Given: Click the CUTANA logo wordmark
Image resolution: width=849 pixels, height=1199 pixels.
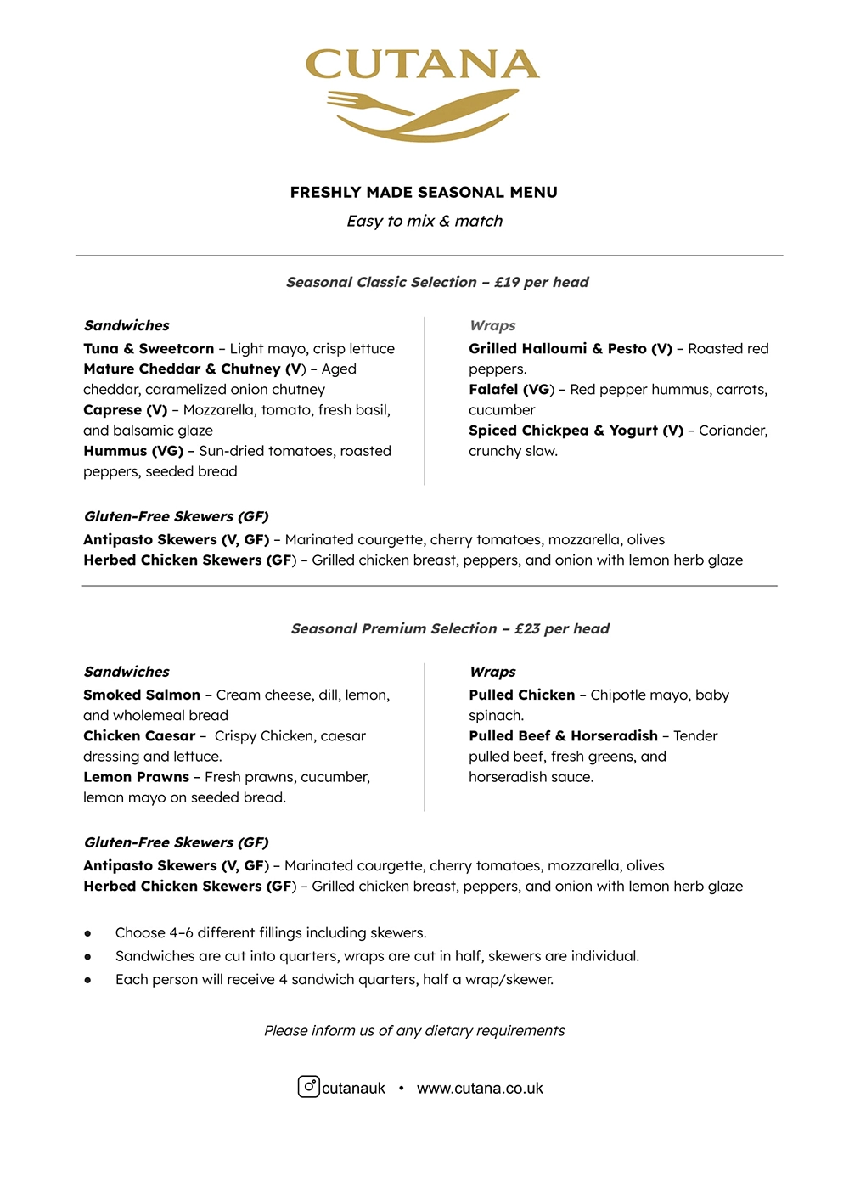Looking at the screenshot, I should click(422, 65).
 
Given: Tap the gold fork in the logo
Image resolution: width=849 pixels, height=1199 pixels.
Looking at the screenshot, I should click(368, 104).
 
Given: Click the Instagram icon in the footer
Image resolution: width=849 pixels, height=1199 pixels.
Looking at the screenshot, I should click(308, 1086).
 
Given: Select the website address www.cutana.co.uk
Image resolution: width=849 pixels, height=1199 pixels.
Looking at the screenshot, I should click(480, 1088).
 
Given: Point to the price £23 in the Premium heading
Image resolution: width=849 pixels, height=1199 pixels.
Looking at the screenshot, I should click(527, 628).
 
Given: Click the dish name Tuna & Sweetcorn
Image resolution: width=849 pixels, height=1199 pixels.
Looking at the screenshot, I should click(149, 348).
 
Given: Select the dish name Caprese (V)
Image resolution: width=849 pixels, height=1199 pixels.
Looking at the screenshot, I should click(126, 410).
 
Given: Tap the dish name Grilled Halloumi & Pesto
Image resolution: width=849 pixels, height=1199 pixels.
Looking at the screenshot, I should click(570, 348).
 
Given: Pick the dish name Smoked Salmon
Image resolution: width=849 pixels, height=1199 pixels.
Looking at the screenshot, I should click(142, 695).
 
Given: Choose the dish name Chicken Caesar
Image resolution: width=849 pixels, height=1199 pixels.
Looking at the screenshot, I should click(139, 735).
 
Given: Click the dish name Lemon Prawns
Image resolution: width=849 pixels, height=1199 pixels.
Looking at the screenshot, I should click(136, 777).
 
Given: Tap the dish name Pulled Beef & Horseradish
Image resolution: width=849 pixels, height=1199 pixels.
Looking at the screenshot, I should click(563, 735).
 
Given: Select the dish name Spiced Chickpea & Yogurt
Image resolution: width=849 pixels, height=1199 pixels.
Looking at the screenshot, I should click(576, 431).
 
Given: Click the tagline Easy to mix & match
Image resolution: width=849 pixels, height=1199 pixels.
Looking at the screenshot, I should click(424, 221).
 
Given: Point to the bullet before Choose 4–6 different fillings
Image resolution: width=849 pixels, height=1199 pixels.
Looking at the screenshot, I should click(87, 933).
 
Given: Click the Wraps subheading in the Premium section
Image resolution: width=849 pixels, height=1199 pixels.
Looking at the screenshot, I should click(492, 672).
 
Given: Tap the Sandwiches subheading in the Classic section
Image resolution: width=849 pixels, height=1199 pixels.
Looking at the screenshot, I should click(127, 325).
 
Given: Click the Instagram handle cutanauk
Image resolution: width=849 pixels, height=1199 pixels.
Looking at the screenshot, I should click(353, 1088).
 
